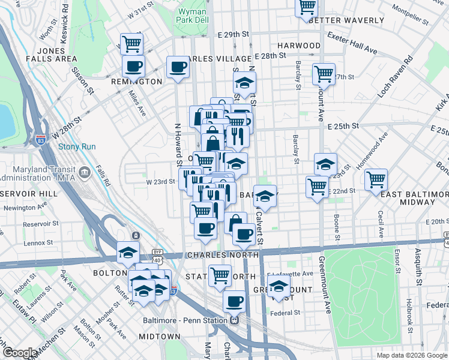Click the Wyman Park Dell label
(192, 16)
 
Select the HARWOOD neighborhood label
(299, 46)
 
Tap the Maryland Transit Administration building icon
(85, 173)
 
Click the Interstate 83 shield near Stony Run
(40, 140)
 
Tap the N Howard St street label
(178, 144)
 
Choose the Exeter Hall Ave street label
(352, 43)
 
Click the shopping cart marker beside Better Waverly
(307, 7)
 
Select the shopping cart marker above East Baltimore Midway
(376, 179)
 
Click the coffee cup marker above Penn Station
(234, 301)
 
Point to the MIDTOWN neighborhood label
(160, 337)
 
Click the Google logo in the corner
(20, 353)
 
